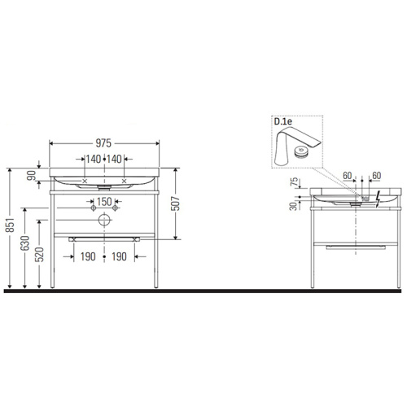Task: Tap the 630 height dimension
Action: [x=26, y=247]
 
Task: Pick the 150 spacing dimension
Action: [x=104, y=201]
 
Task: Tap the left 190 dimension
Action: [x=89, y=256]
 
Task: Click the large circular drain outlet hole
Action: [x=104, y=220]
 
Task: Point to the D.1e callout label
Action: [x=283, y=122]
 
